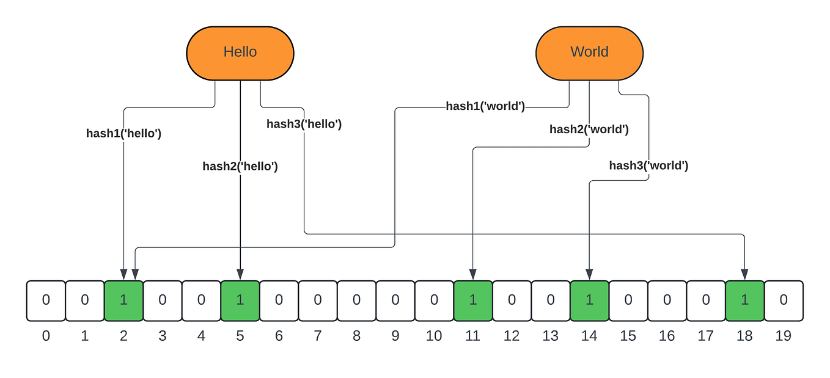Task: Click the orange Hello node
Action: (240, 53)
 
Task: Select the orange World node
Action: (589, 53)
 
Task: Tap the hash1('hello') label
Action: (123, 133)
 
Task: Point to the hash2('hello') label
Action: (240, 166)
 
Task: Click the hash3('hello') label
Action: (304, 124)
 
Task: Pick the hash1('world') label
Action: (485, 106)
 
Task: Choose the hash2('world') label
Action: (589, 129)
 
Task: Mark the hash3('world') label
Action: (648, 165)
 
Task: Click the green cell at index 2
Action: (123, 300)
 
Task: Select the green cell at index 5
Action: (240, 300)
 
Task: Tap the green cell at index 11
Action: (473, 300)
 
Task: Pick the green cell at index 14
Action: (589, 300)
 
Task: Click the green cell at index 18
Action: (744, 300)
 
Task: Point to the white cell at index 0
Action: (46, 300)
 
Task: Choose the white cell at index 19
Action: (784, 300)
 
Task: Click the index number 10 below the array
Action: (434, 336)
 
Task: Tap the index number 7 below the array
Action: (318, 336)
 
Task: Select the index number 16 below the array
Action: (667, 336)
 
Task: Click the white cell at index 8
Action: (356, 300)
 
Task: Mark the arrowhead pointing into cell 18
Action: (744, 274)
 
